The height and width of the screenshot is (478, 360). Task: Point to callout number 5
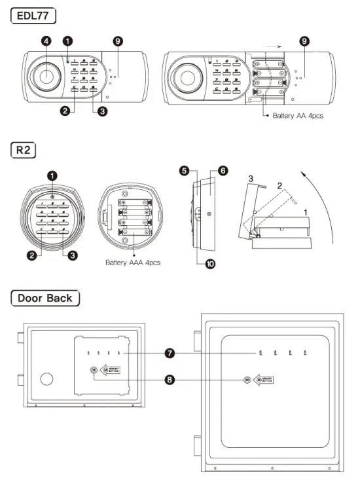(x=185, y=171)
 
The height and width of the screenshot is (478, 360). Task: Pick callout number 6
(x=223, y=171)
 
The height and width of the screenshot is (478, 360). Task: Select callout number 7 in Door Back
(x=170, y=354)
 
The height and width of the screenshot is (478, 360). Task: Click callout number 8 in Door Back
(x=170, y=379)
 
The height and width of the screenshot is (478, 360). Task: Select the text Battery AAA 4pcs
(x=134, y=263)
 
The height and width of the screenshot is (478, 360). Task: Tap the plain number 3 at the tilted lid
(x=249, y=177)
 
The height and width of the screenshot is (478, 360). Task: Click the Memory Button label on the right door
(x=264, y=380)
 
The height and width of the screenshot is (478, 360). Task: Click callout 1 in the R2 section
(x=52, y=175)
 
